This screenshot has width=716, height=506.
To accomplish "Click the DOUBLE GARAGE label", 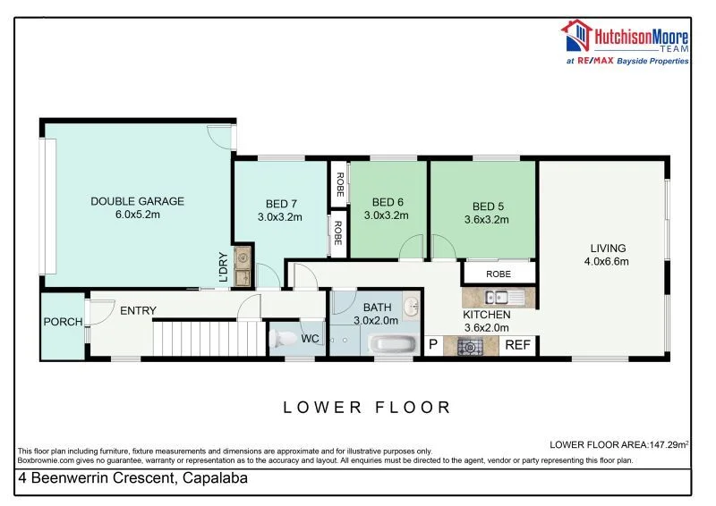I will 137,201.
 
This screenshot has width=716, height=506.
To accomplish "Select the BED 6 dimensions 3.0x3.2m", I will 386,215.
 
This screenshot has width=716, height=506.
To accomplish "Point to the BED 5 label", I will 486,203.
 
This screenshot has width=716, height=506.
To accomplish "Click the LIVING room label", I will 608,249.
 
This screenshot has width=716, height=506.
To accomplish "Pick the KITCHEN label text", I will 487,315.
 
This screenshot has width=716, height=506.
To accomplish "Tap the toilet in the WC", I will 286,340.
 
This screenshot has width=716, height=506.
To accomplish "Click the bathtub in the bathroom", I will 394,344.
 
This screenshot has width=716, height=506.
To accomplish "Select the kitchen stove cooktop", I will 469,346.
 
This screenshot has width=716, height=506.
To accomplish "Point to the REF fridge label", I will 517,345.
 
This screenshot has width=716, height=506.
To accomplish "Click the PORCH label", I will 63,322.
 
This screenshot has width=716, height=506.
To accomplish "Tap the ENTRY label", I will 138,311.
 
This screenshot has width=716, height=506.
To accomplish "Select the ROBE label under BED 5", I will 499,274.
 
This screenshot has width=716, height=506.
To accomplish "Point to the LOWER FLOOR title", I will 367,408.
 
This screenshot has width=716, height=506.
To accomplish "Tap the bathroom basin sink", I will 411,308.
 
